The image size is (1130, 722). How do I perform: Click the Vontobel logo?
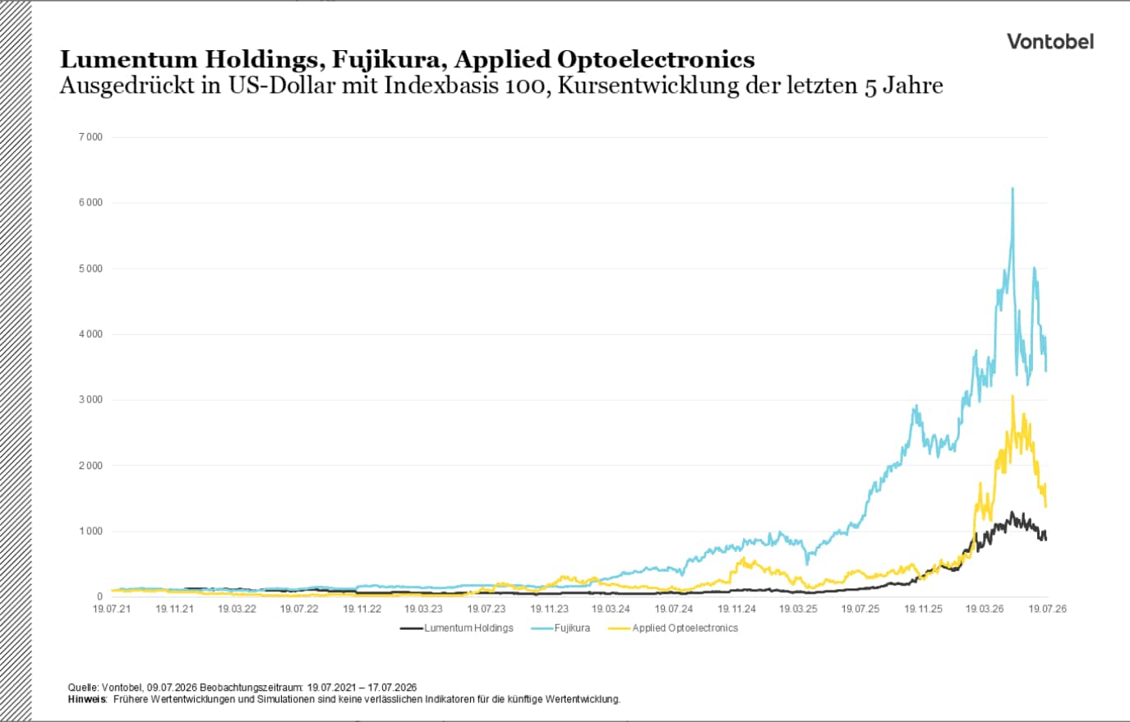(1050, 41)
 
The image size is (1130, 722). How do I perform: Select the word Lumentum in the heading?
(129, 59)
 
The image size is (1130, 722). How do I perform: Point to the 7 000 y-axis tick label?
(90, 137)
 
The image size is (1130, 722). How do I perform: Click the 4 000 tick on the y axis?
(90, 334)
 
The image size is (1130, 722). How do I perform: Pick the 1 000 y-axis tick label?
(90, 531)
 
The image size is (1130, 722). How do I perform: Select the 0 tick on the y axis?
(99, 597)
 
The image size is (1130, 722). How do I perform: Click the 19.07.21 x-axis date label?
(112, 609)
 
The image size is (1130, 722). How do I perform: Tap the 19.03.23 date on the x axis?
(423, 609)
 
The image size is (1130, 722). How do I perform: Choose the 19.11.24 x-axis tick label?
(736, 609)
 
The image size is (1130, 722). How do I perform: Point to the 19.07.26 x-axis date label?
(1048, 609)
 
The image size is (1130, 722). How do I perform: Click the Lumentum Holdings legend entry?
(457, 628)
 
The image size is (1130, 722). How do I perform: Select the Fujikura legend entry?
(560, 628)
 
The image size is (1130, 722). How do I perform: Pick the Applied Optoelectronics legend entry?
(673, 628)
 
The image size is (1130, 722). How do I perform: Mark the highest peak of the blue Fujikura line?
(1012, 189)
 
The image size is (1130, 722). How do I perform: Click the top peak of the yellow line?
(1012, 396)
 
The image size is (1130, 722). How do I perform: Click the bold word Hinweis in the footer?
(87, 700)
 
